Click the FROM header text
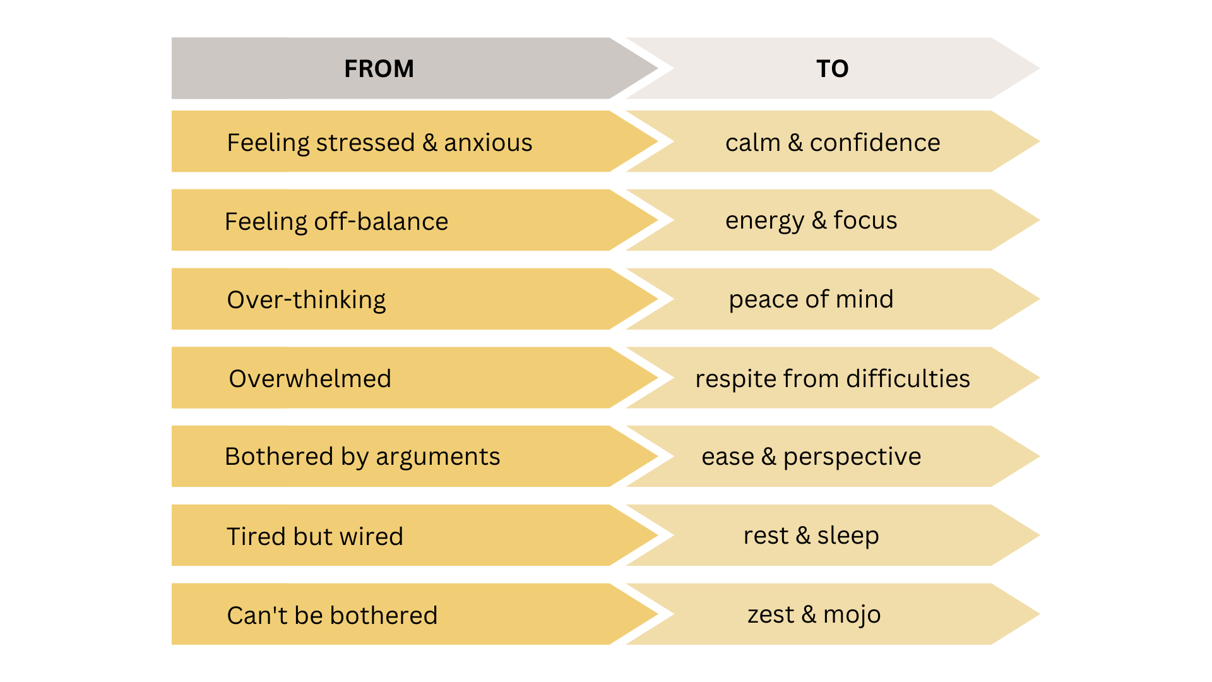point(379,68)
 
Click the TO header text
point(832,68)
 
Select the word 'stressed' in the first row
point(365,143)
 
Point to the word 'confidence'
point(875,143)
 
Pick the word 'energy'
point(764,221)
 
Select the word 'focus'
point(865,220)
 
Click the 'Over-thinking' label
point(306,300)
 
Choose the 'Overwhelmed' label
point(310,379)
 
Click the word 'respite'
point(735,379)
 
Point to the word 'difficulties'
point(908,379)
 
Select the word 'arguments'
point(437,457)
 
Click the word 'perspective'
point(852,457)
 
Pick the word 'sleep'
point(848,536)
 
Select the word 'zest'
point(770,614)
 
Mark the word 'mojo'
point(852,615)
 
